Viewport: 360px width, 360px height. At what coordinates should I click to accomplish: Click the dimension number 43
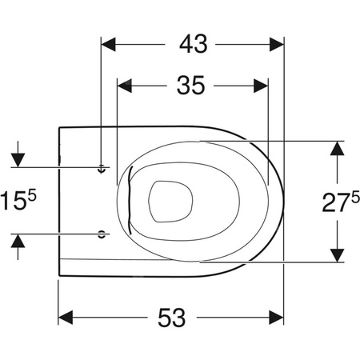tap(194, 44)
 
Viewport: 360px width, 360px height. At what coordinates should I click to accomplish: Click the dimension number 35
tap(191, 86)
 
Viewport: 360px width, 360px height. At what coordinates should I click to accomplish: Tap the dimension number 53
tap(172, 318)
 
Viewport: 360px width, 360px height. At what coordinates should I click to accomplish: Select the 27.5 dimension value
tap(341, 202)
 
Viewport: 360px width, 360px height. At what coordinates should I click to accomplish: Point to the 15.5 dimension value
tap(18, 199)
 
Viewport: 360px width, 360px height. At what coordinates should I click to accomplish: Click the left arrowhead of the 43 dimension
tap(108, 44)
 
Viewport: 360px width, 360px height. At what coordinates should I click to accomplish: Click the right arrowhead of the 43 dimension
tap(277, 44)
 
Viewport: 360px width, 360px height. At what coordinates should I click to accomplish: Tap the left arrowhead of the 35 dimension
tap(125, 86)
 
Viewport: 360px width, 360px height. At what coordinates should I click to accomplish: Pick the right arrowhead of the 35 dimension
tap(261, 86)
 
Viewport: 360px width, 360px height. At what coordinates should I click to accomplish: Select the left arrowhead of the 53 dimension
tap(66, 318)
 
